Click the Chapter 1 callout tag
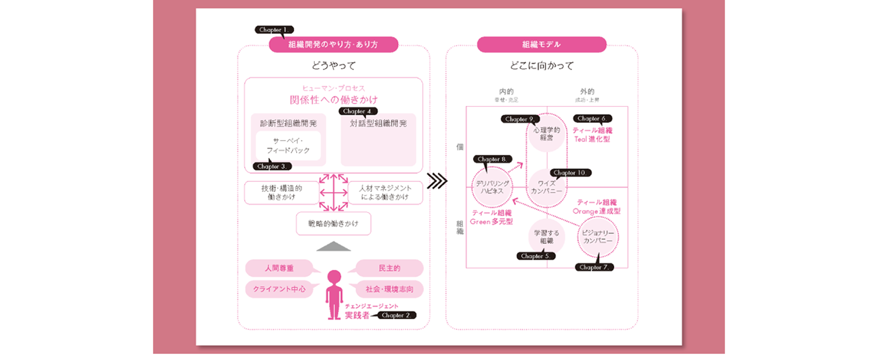tap(275, 29)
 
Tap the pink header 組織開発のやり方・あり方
tap(333, 44)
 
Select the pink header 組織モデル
tap(541, 44)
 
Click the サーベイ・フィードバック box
tap(288, 146)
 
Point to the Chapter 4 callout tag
tap(359, 111)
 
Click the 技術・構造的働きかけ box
tap(281, 193)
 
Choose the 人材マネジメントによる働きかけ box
tap(385, 193)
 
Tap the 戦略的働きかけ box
tap(333, 223)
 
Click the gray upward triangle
tap(333, 246)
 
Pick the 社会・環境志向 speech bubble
tap(389, 289)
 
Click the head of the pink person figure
tap(334, 278)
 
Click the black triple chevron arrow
tap(437, 181)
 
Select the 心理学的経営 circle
tap(546, 133)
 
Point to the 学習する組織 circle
tap(546, 236)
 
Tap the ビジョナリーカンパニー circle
tap(598, 236)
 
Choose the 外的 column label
tap(587, 91)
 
